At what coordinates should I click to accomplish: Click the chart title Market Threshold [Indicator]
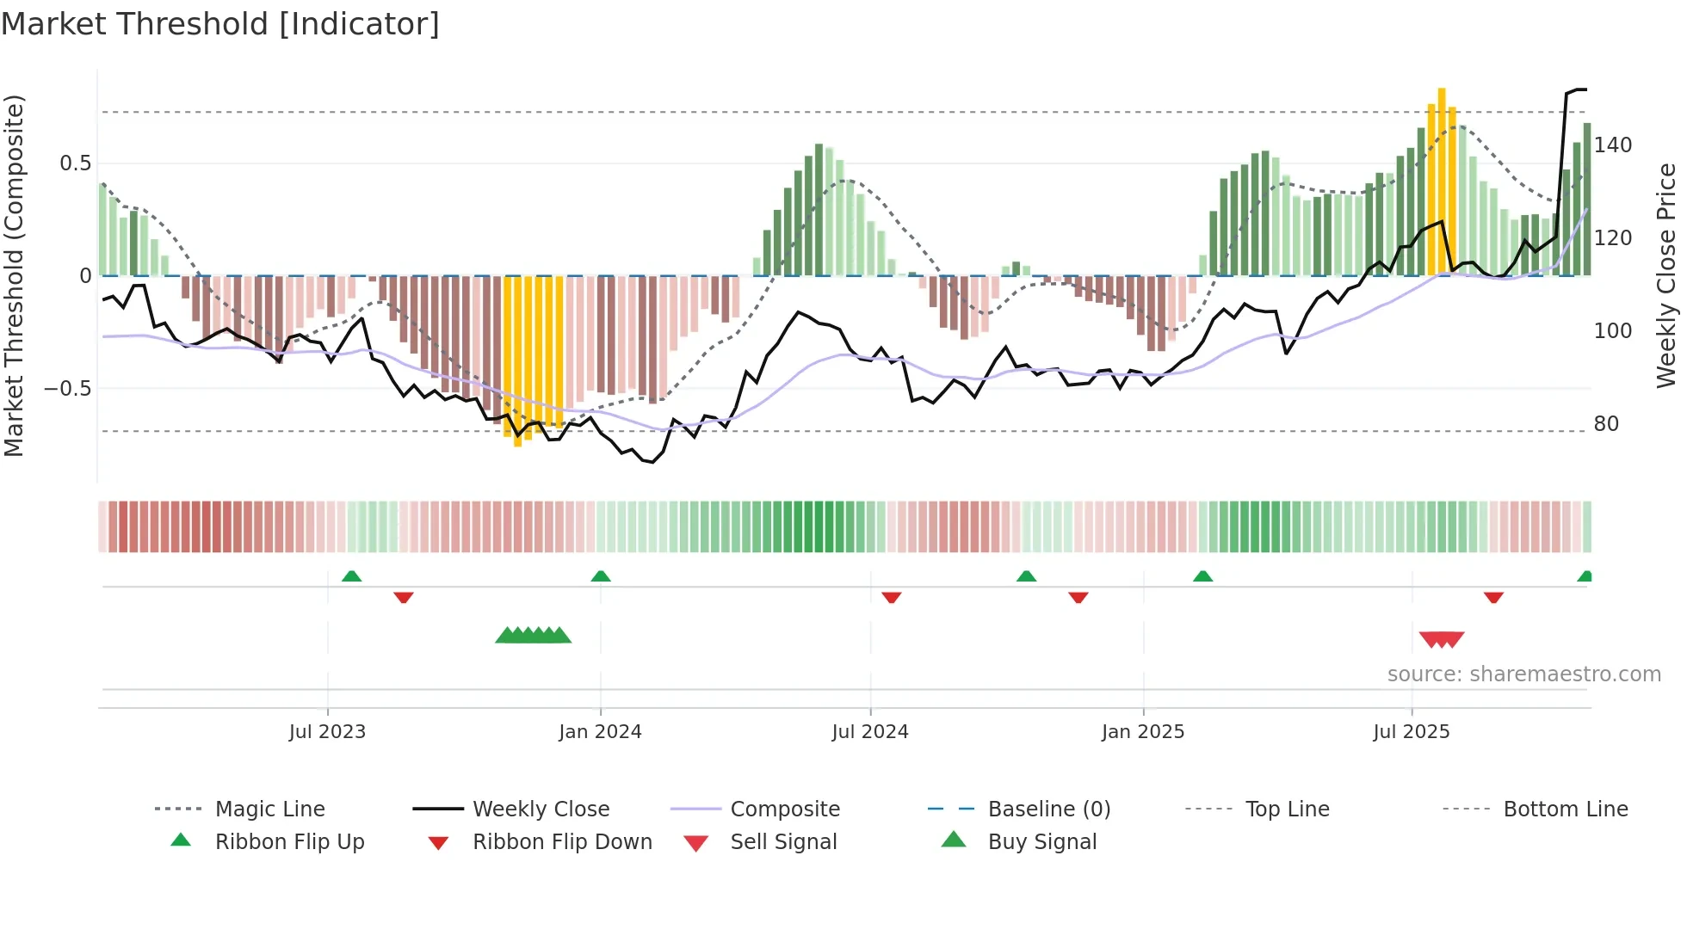pyautogui.click(x=220, y=24)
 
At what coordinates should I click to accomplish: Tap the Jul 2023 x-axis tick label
pyautogui.click(x=327, y=732)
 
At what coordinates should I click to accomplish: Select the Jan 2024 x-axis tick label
pyautogui.click(x=600, y=732)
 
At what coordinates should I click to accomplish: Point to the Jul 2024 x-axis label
pyautogui.click(x=870, y=732)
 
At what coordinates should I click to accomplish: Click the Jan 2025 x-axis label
pyautogui.click(x=1143, y=732)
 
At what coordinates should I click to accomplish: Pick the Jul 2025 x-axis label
pyautogui.click(x=1412, y=732)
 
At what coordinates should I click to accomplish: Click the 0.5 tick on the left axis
pyautogui.click(x=76, y=163)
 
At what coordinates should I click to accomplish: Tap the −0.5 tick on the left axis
pyautogui.click(x=68, y=389)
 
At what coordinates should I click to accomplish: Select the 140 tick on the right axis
pyautogui.click(x=1613, y=145)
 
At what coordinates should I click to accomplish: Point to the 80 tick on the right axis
pyautogui.click(x=1606, y=424)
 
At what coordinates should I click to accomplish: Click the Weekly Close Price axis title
pyautogui.click(x=1667, y=275)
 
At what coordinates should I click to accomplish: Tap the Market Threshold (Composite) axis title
pyautogui.click(x=14, y=275)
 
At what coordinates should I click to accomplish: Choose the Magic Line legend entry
pyautogui.click(x=269, y=809)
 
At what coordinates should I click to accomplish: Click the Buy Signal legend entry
pyautogui.click(x=1041, y=842)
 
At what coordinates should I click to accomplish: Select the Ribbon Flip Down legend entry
pyautogui.click(x=561, y=842)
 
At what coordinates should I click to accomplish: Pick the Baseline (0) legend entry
pyautogui.click(x=1048, y=809)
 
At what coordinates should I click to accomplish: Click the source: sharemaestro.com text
pyautogui.click(x=1523, y=674)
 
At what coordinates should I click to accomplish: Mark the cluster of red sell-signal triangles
pyautogui.click(x=1442, y=639)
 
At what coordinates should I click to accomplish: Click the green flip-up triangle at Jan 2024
pyautogui.click(x=601, y=576)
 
